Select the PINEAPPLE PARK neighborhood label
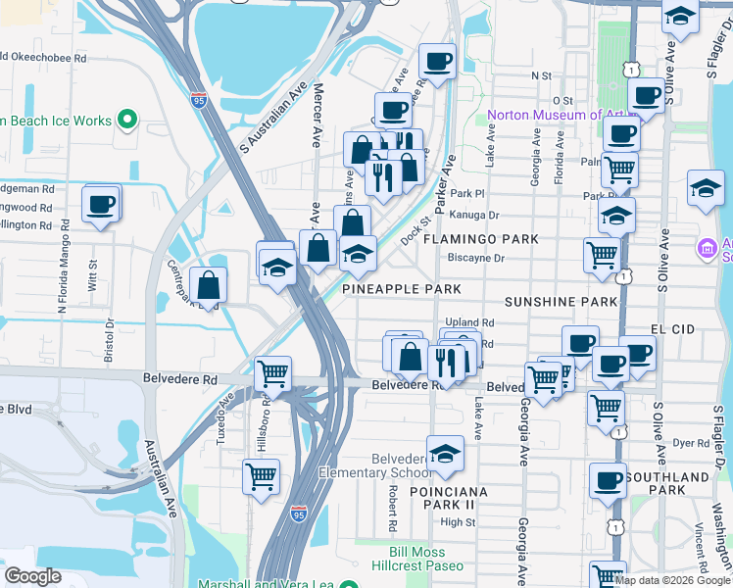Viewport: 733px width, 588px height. pyautogui.click(x=402, y=290)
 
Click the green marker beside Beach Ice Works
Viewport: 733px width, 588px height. pyautogui.click(x=126, y=121)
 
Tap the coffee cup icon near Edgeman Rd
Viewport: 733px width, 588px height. pyautogui.click(x=101, y=205)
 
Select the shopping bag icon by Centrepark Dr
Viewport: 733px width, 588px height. pyautogui.click(x=209, y=286)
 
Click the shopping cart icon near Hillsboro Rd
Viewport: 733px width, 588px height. pyautogui.click(x=272, y=373)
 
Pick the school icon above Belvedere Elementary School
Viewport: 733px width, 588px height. pyautogui.click(x=445, y=453)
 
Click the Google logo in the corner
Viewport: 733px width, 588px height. pyautogui.click(x=32, y=575)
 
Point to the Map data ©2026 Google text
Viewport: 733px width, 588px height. pyautogui.click(x=672, y=580)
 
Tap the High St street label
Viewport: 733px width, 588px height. pyautogui.click(x=458, y=522)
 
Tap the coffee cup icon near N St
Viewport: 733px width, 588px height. pyautogui.click(x=437, y=62)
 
